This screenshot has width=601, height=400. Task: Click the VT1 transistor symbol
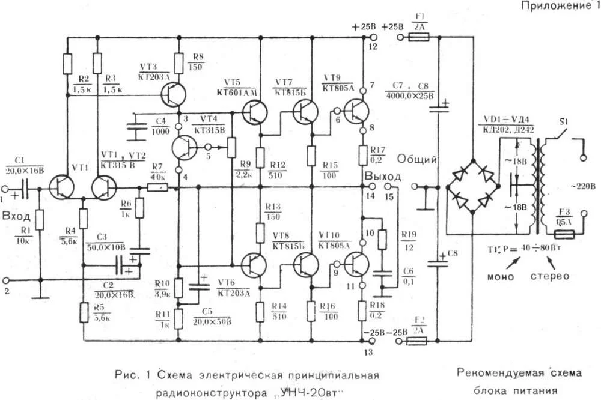62,187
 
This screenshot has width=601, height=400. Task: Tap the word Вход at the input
17,215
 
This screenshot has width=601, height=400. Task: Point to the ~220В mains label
582,185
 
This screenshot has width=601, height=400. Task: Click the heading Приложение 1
556,6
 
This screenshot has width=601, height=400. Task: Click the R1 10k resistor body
40,219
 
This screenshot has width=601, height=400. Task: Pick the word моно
501,276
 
